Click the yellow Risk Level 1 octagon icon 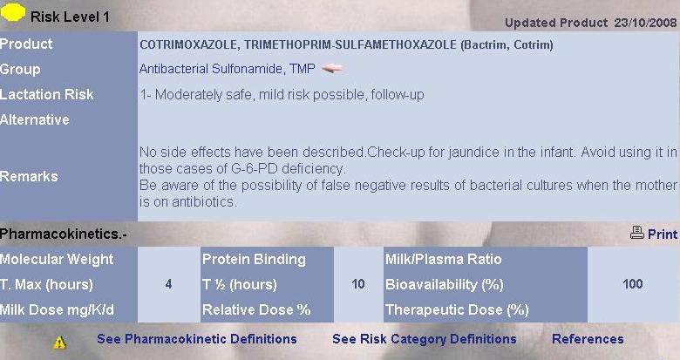(13, 12)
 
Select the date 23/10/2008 (645, 23)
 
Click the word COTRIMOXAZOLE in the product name (188, 44)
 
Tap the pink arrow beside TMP (333, 68)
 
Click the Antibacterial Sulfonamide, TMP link (227, 69)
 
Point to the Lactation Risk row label (47, 94)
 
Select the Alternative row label (35, 119)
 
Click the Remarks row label (29, 176)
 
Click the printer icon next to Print (637, 234)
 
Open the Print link (663, 234)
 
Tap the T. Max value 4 (168, 284)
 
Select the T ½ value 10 (358, 284)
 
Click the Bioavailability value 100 (633, 284)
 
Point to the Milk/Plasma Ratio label (443, 259)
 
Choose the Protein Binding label (254, 260)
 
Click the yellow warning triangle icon (59, 343)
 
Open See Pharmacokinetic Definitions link (197, 339)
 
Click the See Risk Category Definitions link (425, 339)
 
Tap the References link (588, 339)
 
